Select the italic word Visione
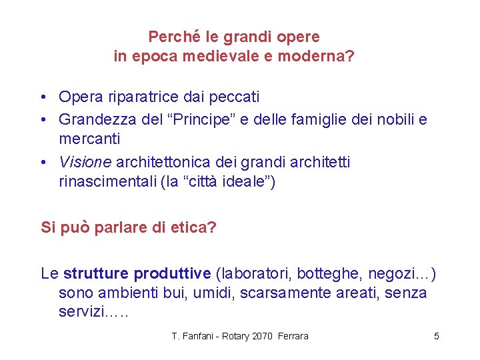pyautogui.click(x=85, y=162)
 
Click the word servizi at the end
pyautogui.click(x=82, y=312)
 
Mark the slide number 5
pyautogui.click(x=437, y=336)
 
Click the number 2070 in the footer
pyautogui.click(x=263, y=336)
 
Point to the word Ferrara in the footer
pyautogui.click(x=293, y=336)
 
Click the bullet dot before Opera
pyautogui.click(x=42, y=97)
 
